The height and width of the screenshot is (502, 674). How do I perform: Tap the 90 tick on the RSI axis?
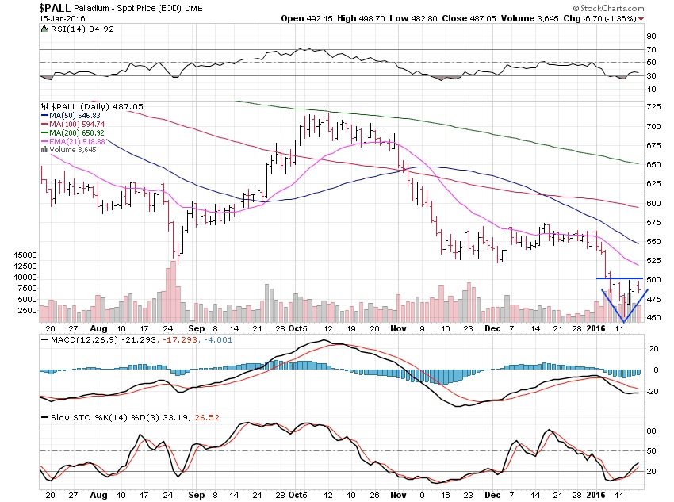point(650,36)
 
